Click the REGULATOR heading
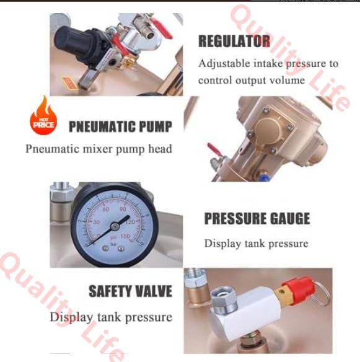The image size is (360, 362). point(234,41)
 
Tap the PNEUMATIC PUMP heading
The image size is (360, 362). point(120,126)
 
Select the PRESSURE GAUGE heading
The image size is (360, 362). point(257,218)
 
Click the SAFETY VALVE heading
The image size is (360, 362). point(130,291)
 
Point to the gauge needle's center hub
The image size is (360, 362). point(115,226)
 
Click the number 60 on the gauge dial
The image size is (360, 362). point(106,210)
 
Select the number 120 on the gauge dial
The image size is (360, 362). point(130,222)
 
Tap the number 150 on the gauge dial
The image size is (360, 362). point(125,236)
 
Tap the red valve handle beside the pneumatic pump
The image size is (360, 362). point(214,149)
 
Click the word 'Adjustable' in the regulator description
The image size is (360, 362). point(224,64)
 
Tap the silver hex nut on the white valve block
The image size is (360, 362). point(224,299)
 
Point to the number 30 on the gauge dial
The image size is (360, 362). point(96,222)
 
